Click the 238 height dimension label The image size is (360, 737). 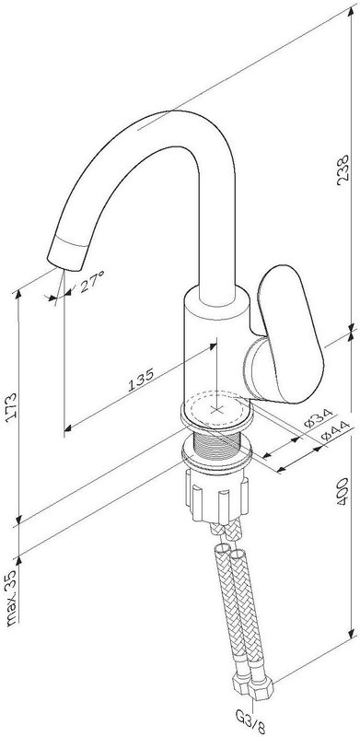coord(343,170)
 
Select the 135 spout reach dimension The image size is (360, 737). coord(141,380)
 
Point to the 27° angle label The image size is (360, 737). coord(91,281)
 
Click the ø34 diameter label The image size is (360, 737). coord(319,418)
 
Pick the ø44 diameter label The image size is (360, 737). coord(336,431)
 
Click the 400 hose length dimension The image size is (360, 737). coord(343,492)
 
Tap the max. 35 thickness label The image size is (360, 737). coord(11,597)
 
